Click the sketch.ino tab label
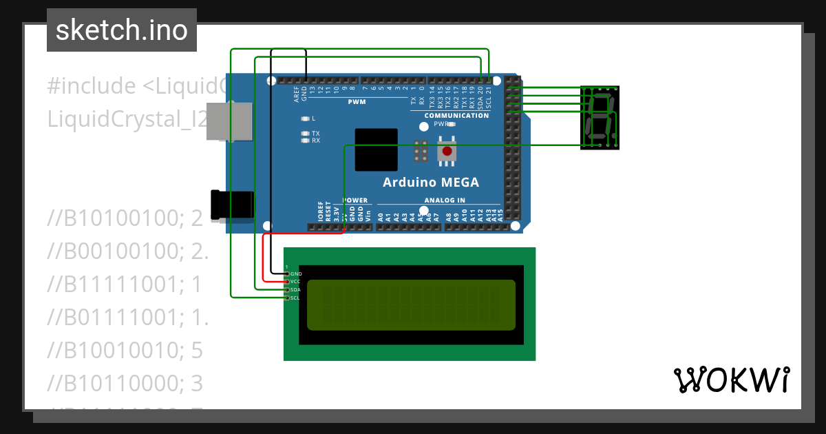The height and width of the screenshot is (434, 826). pyautogui.click(x=122, y=30)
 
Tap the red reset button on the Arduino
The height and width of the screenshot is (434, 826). pyautogui.click(x=447, y=151)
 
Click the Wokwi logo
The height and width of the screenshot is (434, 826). pyautogui.click(x=731, y=380)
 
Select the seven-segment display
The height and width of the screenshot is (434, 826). pyautogui.click(x=600, y=117)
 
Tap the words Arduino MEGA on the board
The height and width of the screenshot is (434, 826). pyautogui.click(x=430, y=183)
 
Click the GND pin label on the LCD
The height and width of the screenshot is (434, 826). pyautogui.click(x=296, y=274)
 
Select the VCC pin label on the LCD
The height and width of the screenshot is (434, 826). pyautogui.click(x=296, y=282)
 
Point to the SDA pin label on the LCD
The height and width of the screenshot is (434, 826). pyautogui.click(x=296, y=290)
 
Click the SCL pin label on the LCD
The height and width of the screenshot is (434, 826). pyautogui.click(x=296, y=298)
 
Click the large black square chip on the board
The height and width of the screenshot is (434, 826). pyautogui.click(x=376, y=149)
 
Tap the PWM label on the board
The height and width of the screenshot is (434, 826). pyautogui.click(x=357, y=102)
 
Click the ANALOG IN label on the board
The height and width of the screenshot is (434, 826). pyautogui.click(x=444, y=200)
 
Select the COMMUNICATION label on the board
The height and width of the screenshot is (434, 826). pyautogui.click(x=456, y=116)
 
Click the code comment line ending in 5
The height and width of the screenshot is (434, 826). pyautogui.click(x=125, y=351)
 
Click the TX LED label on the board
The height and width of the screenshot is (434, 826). pyautogui.click(x=315, y=133)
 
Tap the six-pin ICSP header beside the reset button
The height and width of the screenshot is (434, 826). pyautogui.click(x=421, y=151)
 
